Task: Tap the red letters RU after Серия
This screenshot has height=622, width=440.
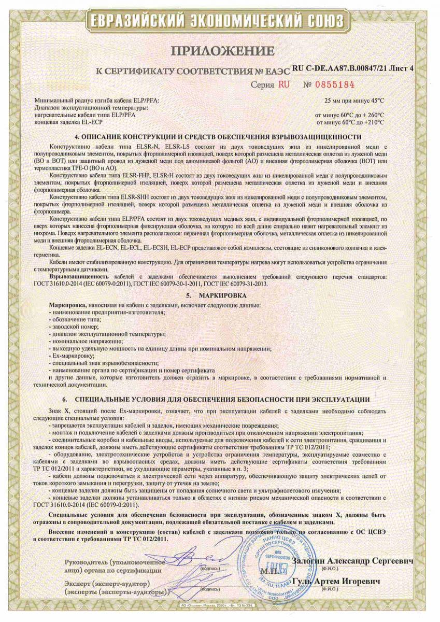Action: [284, 84]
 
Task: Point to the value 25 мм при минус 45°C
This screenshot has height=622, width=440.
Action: [354, 101]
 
